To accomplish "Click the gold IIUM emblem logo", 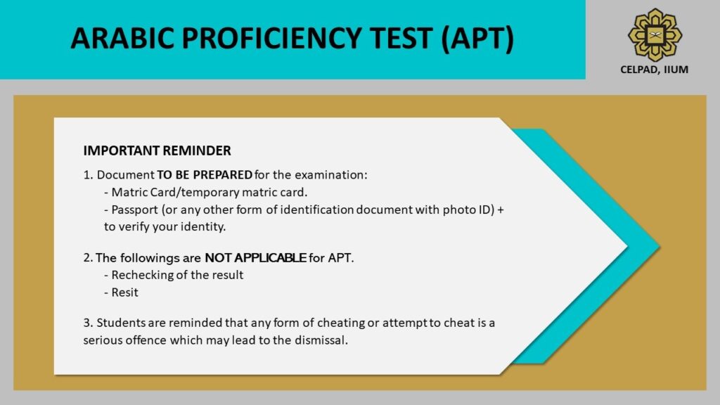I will [655, 33].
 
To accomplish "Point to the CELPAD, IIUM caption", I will [655, 69].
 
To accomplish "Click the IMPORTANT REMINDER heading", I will [157, 151].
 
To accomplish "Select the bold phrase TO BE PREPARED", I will [205, 174].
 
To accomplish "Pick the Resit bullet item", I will [124, 292].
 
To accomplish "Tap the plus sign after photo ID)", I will [501, 210].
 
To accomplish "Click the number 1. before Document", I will [88, 174].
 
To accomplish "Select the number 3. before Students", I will [88, 323].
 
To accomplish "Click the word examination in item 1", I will [331, 174].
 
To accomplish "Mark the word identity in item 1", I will [202, 226].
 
